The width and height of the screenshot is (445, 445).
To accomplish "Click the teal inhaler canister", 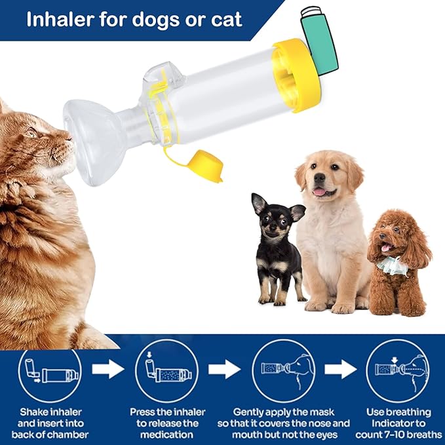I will tap(319, 39).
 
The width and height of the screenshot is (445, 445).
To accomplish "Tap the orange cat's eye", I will tap(31, 131).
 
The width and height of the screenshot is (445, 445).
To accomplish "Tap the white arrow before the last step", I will tap(341, 370).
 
